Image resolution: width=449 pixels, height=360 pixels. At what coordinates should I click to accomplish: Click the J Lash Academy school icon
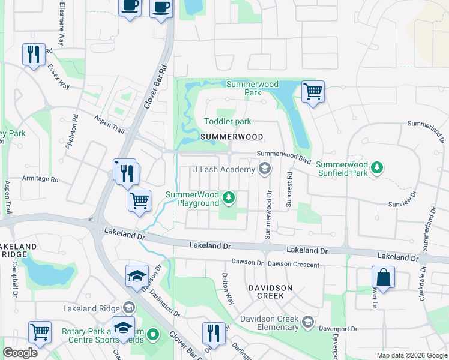[x=264, y=170]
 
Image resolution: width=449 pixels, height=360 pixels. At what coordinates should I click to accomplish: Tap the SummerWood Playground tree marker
[x=228, y=197]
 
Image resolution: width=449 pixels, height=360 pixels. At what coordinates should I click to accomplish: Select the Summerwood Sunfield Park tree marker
[x=376, y=167]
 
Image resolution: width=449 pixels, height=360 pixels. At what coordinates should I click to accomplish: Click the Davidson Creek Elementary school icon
[x=308, y=322]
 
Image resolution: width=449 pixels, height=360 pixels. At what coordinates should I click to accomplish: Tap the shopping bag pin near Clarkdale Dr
[x=382, y=278]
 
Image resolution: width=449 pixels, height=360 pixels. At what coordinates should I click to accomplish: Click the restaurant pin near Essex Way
[x=32, y=55]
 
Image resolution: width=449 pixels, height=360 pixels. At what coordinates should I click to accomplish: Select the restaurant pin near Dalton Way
[x=213, y=332]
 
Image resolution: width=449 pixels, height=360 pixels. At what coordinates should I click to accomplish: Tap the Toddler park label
[x=228, y=121]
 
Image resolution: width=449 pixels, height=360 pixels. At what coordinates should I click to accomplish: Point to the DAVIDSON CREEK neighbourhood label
[x=271, y=288]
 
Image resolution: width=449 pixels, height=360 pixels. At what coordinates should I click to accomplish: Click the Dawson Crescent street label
[x=294, y=264]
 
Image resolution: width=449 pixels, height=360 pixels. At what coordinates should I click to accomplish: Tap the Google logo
[x=20, y=353]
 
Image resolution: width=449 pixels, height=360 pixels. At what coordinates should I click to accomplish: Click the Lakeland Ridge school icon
[x=128, y=308]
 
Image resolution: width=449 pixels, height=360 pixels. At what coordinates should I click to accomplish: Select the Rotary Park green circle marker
[x=153, y=334]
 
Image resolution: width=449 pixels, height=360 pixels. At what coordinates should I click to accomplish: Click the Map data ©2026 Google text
[x=412, y=355]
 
